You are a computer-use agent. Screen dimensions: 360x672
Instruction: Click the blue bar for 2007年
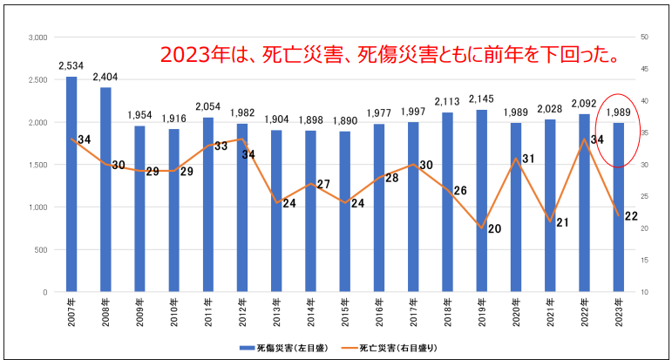click(x=71, y=184)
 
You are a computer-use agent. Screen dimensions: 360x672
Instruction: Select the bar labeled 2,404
click(x=105, y=189)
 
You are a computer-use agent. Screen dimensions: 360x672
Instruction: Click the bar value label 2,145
click(x=482, y=98)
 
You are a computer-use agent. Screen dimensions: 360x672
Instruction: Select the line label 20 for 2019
click(x=495, y=229)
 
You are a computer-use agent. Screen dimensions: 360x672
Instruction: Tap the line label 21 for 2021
click(x=563, y=222)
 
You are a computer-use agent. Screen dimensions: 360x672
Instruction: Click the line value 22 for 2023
click(x=632, y=216)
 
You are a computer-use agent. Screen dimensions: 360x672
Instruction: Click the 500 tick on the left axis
click(x=39, y=250)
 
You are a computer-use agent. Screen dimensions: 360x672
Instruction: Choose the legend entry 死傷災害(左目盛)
click(x=277, y=347)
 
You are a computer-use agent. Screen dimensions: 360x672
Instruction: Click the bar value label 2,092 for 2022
click(x=585, y=105)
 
